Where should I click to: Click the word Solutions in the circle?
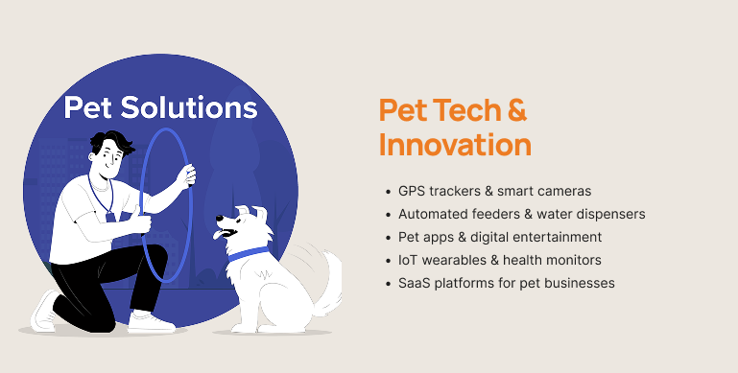[189, 106]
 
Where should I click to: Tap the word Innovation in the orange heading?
[455, 145]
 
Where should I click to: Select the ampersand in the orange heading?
[516, 110]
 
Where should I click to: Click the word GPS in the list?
[412, 191]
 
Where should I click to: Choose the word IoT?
[407, 260]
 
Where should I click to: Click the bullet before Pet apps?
[388, 238]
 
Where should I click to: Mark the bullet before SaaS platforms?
[388, 284]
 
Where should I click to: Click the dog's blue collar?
[248, 253]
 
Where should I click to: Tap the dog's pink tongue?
[218, 234]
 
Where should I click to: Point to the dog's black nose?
[220, 218]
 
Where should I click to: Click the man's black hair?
[111, 142]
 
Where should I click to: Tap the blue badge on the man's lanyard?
[110, 217]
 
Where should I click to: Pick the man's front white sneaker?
[151, 322]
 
